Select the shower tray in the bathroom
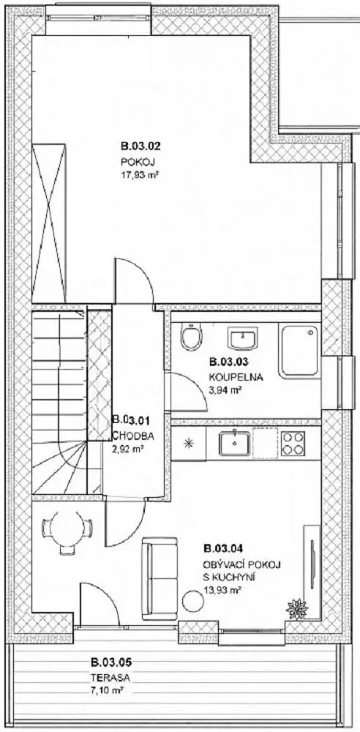coord(299,350)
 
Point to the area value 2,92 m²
coord(127,450)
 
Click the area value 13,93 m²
coord(222,590)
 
